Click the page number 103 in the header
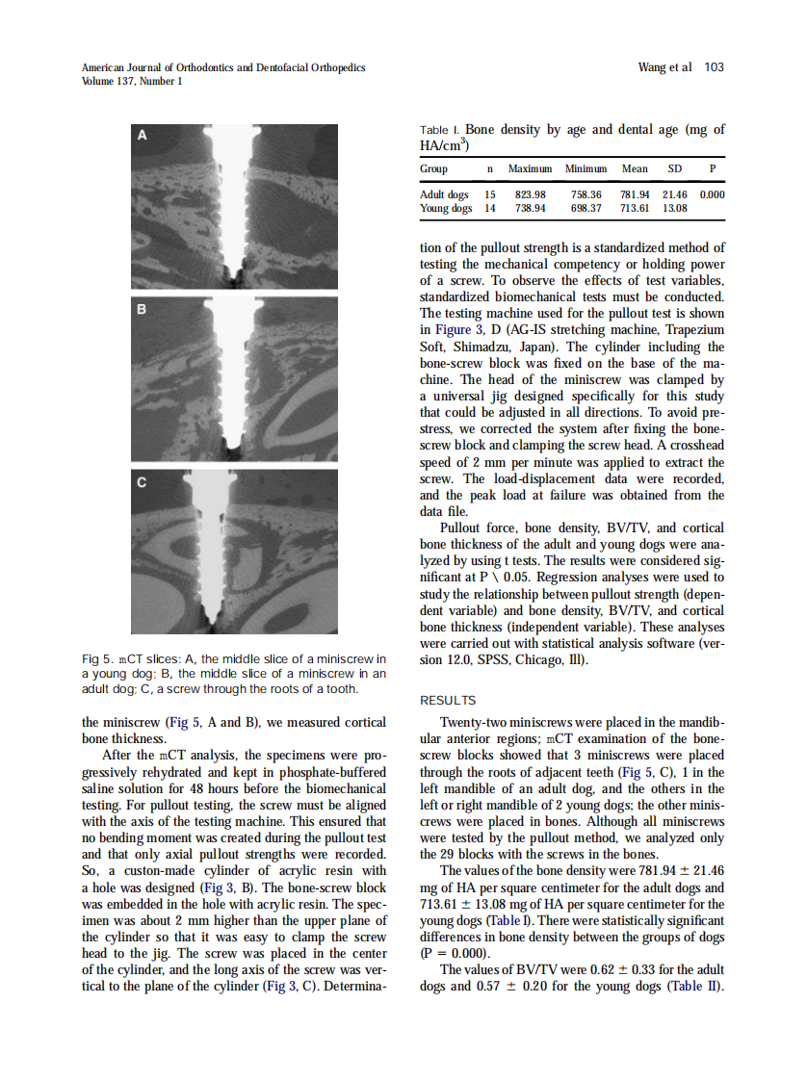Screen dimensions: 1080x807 pyautogui.click(x=714, y=67)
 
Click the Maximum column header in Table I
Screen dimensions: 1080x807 pyautogui.click(x=530, y=169)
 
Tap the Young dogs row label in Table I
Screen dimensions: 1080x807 pyautogui.click(x=446, y=208)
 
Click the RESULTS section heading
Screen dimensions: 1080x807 pyautogui.click(x=448, y=701)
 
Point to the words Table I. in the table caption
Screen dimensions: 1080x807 pyautogui.click(x=440, y=130)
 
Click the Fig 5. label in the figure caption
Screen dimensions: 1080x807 pyautogui.click(x=98, y=658)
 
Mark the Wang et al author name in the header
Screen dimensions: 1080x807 pyautogui.click(x=664, y=67)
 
